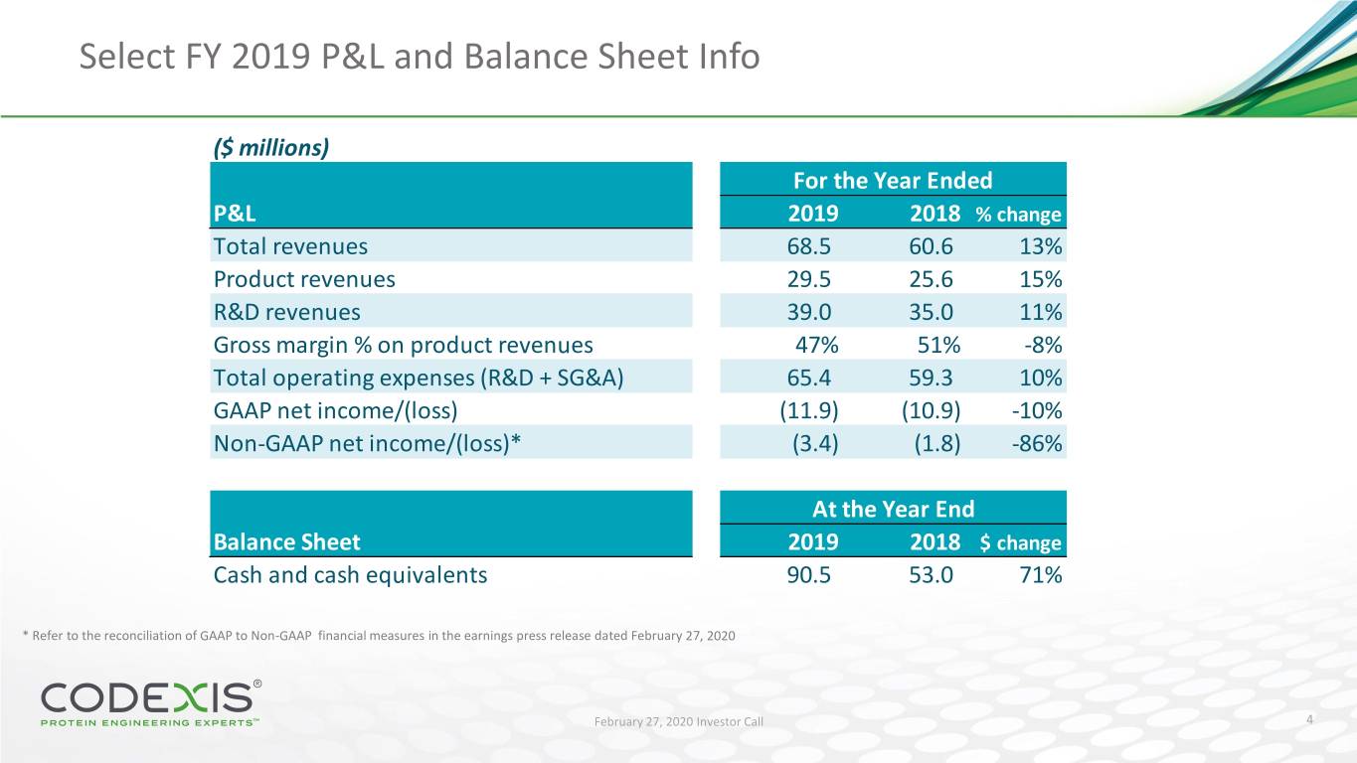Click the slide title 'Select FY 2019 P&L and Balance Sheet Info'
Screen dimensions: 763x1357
(x=420, y=58)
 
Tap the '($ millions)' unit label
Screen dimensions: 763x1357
(x=271, y=147)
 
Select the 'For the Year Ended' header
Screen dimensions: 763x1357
(x=892, y=180)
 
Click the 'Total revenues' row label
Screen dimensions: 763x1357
(x=290, y=246)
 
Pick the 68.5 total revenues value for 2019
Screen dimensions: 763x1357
(x=812, y=246)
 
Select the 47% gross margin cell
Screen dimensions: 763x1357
(x=817, y=345)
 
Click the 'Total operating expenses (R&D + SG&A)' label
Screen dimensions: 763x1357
(x=419, y=378)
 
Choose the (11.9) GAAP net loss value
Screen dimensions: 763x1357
(x=809, y=410)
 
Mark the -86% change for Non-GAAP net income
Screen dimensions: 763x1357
(x=1036, y=443)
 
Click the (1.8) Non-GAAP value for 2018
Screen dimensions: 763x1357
(x=935, y=443)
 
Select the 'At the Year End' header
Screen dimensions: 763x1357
(x=893, y=509)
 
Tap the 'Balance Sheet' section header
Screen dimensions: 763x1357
(x=287, y=541)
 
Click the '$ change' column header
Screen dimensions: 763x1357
(x=1020, y=542)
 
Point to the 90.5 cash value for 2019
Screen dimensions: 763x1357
(x=812, y=574)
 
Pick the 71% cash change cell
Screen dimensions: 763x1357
(x=1040, y=574)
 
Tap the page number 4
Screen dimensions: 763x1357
(x=1311, y=719)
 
